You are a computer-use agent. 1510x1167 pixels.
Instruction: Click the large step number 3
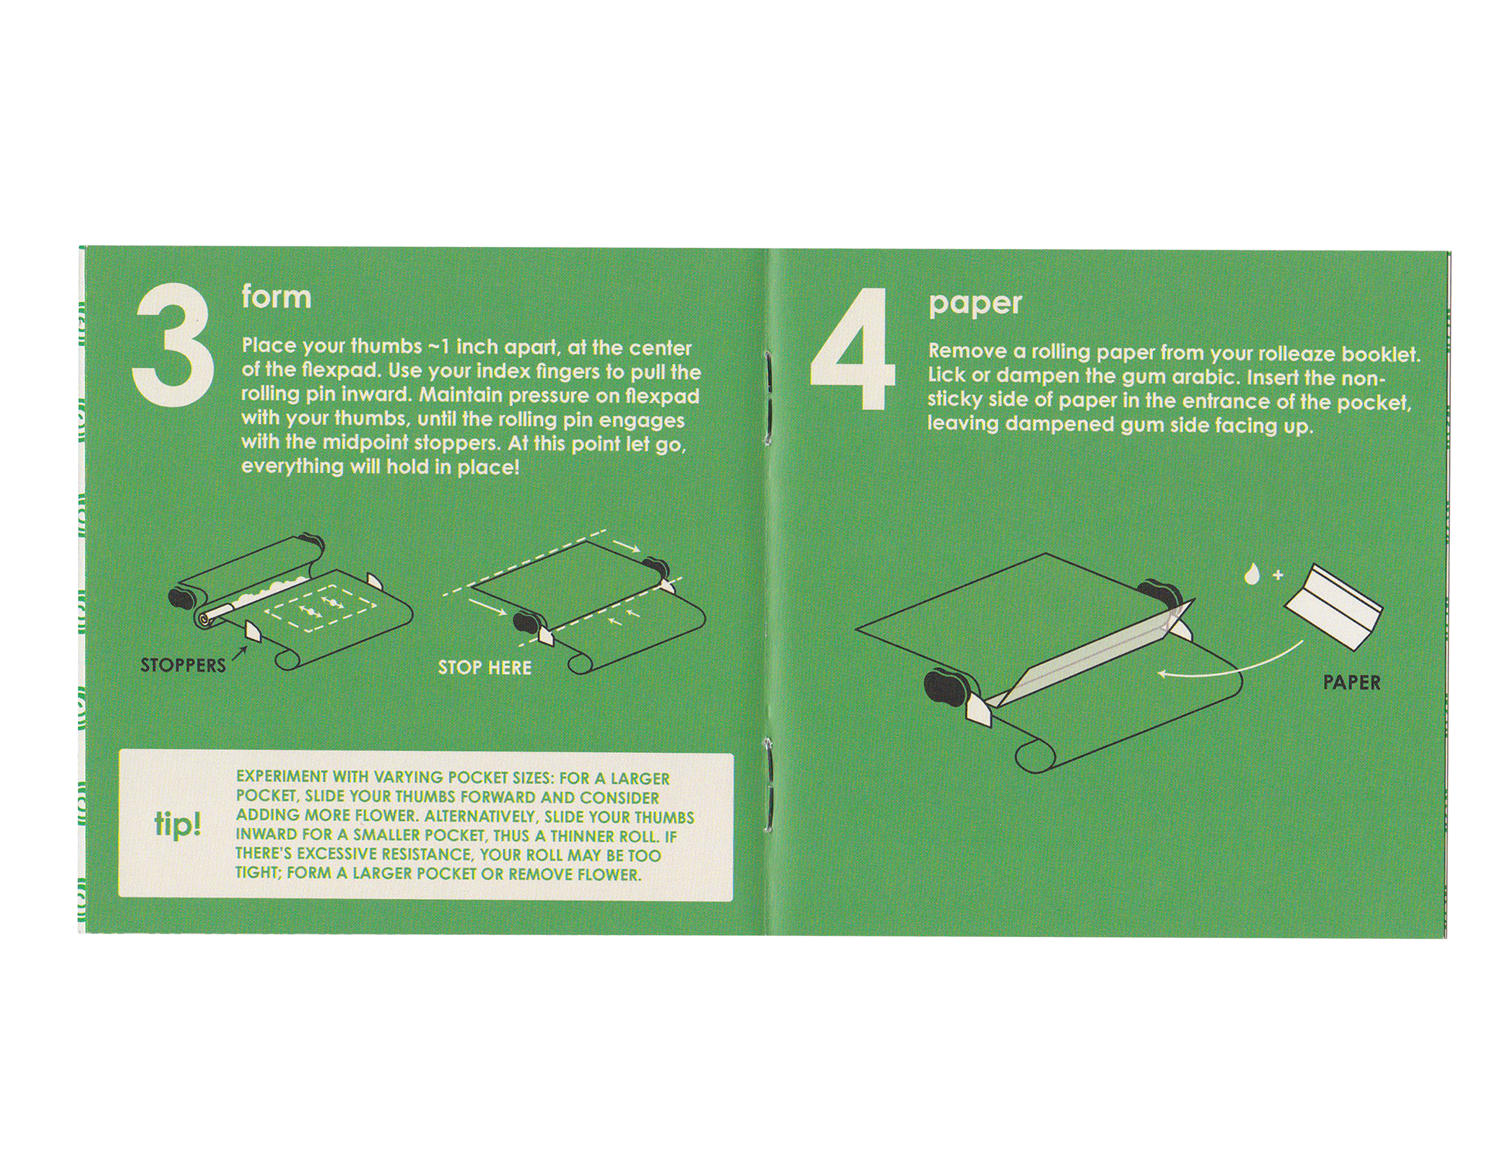173,346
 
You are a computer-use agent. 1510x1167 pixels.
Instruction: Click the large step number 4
852,348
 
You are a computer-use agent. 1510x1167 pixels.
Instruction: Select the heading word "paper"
975,303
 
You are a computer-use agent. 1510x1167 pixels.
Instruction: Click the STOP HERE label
485,668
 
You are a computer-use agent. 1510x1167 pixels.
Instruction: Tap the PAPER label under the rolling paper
1352,683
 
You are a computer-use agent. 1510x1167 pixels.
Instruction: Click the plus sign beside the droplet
1278,574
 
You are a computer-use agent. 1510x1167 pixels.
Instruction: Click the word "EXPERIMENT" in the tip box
282,777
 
